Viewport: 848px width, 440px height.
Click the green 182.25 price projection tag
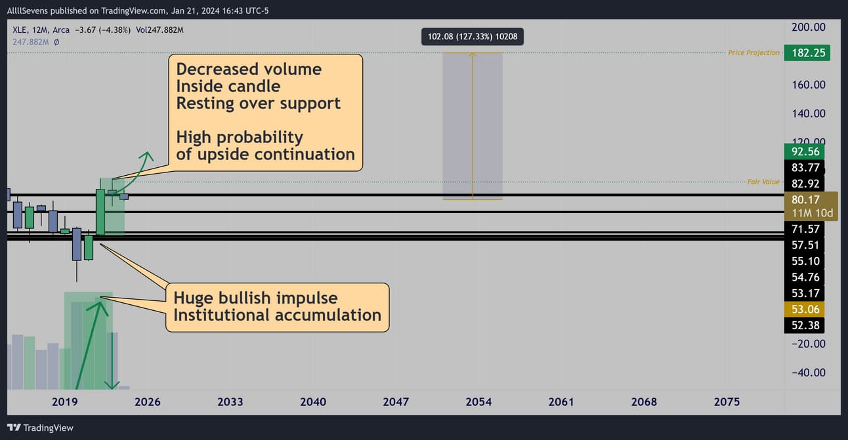point(807,52)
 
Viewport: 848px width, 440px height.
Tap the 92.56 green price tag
point(805,151)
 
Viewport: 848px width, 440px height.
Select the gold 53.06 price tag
point(805,309)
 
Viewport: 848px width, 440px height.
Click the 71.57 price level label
point(805,229)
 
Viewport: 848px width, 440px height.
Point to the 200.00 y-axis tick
point(808,28)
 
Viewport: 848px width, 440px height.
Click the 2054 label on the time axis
point(478,402)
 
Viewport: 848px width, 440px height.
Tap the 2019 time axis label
point(65,402)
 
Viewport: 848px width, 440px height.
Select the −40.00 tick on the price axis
point(808,372)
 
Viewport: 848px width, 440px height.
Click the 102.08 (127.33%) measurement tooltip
point(473,37)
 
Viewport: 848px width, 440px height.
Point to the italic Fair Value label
point(763,182)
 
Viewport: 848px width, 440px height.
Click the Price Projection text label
point(753,52)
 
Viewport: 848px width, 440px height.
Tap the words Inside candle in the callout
point(228,87)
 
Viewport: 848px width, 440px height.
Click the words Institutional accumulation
point(278,315)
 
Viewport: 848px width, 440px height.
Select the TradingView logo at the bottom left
point(40,428)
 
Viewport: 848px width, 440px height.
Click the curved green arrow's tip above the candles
point(147,153)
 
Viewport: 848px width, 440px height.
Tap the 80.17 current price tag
point(811,206)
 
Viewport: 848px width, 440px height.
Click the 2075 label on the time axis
point(727,402)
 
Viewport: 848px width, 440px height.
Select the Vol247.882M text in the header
point(159,30)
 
